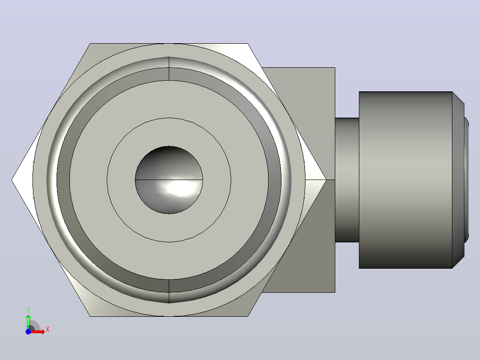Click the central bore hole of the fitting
click(169, 180)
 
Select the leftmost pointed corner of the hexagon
click(12, 180)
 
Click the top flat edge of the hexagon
click(169, 44)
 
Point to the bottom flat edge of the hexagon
click(169, 316)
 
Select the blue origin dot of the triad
click(28, 331)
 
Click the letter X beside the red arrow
click(48, 330)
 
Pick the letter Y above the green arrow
click(28, 310)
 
